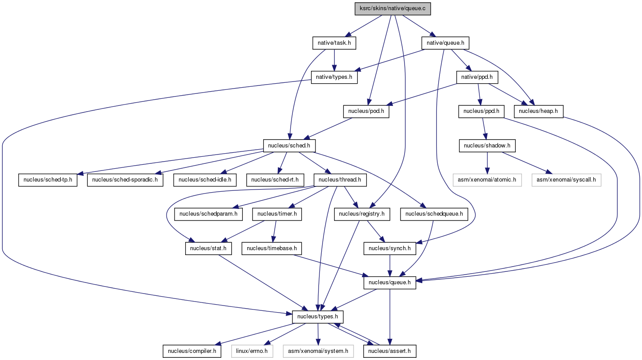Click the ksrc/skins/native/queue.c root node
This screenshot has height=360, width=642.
coord(393,9)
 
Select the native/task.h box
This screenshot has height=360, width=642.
coord(334,43)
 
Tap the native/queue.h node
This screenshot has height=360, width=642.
coord(445,43)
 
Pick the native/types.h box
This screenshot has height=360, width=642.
coord(334,77)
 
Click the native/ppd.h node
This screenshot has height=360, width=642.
coord(477,77)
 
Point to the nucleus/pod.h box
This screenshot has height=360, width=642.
coord(366,112)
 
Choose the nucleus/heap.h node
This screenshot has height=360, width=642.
coord(538,112)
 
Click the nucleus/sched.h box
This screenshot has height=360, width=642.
coord(289,146)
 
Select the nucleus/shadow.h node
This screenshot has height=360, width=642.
coord(487,146)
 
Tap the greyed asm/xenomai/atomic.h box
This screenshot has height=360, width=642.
coord(487,180)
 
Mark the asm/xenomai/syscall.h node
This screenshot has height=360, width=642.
coord(566,180)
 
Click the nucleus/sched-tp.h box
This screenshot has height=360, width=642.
coord(48,180)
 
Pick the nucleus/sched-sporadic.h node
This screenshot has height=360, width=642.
coord(125,180)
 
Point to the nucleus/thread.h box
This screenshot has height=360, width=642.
coord(340,180)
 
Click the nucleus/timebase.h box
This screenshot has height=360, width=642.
coord(272,248)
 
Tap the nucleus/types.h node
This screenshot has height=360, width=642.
coord(318,317)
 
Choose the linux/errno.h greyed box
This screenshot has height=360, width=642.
coord(252,351)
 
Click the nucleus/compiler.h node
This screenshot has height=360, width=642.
coord(192,351)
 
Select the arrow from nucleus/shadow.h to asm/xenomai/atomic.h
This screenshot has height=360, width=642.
coord(487,163)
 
